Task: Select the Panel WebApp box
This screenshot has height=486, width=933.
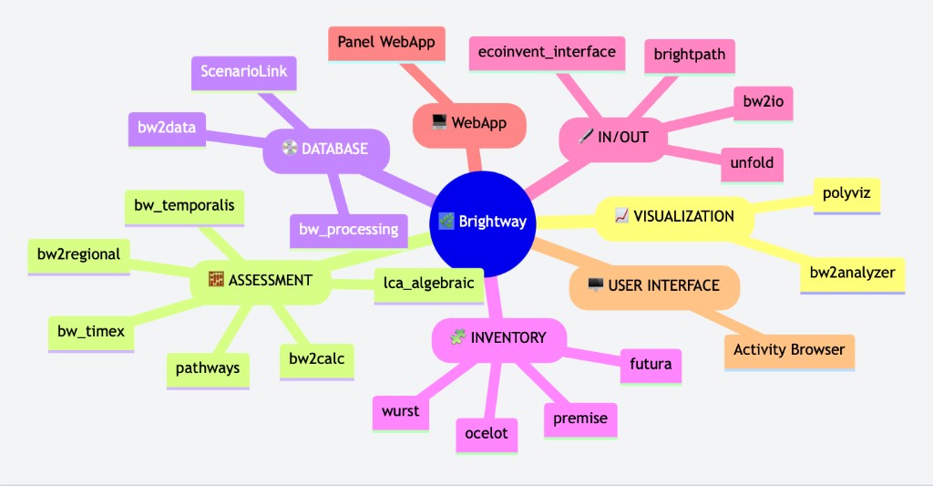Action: pos(386,42)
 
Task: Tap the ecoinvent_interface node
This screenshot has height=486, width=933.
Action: pos(547,52)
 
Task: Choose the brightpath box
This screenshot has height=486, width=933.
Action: pos(690,54)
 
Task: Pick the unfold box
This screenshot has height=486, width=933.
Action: pos(752,163)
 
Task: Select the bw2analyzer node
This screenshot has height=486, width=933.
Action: pos(852,272)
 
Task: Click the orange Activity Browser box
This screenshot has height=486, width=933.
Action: pos(789,349)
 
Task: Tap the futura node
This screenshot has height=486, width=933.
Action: pos(651,365)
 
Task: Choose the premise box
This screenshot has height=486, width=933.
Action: pos(580,419)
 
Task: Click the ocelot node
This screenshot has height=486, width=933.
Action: pos(487,433)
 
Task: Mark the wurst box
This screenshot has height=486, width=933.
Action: pos(401,411)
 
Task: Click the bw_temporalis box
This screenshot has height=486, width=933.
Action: pos(184,206)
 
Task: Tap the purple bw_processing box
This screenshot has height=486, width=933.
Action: pos(348,229)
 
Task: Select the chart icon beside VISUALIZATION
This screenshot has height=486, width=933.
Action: pos(621,216)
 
